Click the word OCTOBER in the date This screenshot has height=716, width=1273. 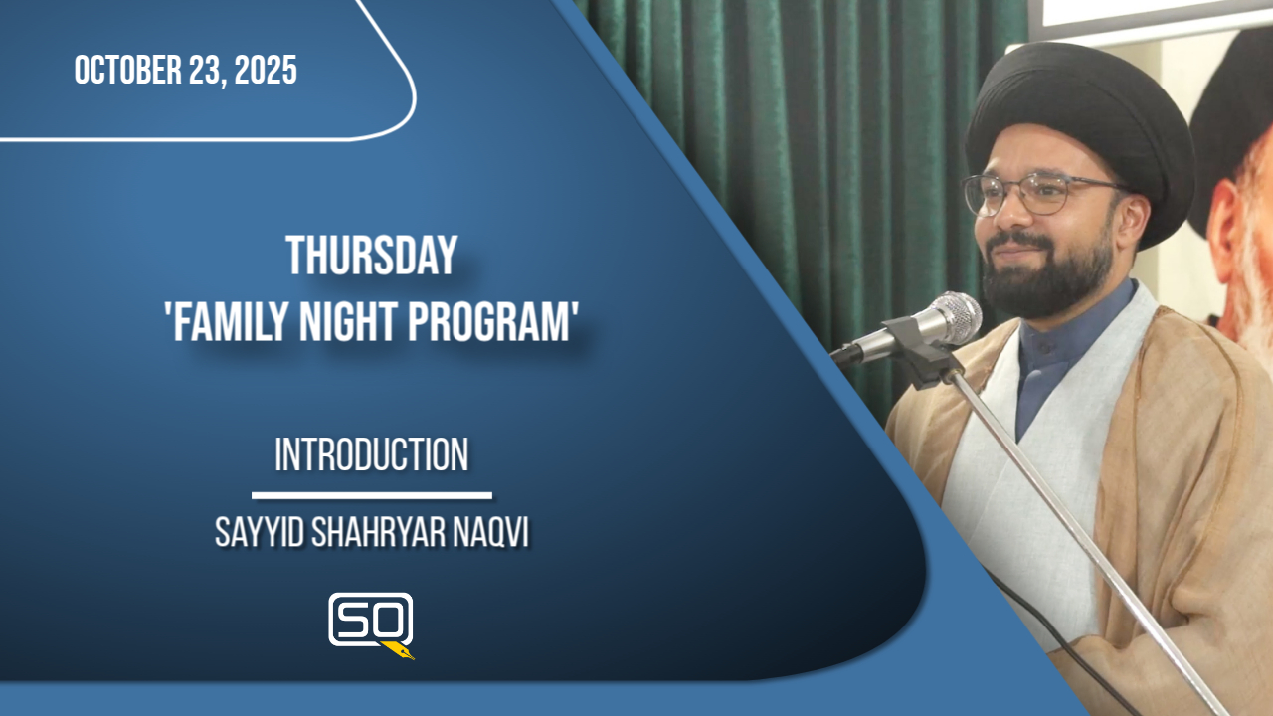coord(129,70)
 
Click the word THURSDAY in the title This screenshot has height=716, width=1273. coord(372,256)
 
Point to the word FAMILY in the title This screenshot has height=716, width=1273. coord(233,322)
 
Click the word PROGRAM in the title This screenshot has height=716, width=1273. coord(488,322)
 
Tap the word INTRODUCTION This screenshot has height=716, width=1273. coord(372,454)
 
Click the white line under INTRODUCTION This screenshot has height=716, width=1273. coord(372,496)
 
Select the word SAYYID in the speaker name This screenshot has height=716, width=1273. coord(260,534)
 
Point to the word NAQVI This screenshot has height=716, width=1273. coord(491,534)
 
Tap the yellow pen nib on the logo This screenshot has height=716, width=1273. coord(399,650)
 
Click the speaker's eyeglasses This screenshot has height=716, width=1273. coord(1040,194)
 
